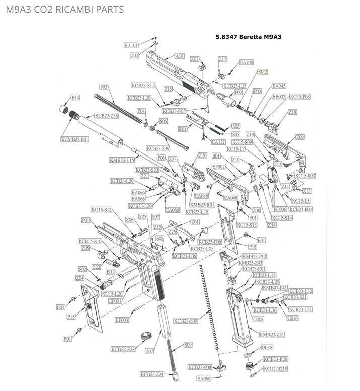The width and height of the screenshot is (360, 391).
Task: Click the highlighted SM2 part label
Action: [262, 72]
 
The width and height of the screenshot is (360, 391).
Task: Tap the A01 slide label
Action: [179, 56]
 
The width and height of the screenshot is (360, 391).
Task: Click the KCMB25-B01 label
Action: [75, 139]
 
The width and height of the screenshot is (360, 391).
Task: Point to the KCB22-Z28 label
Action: [123, 349]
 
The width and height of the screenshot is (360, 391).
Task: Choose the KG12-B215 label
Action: [276, 369]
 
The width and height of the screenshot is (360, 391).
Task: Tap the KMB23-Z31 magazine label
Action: [272, 334]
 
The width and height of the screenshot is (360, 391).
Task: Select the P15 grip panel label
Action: [71, 317]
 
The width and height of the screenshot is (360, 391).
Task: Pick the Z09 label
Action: [300, 137]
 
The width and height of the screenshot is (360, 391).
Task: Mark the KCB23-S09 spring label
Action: [186, 320]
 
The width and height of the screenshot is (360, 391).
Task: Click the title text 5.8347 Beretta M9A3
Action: [247, 37]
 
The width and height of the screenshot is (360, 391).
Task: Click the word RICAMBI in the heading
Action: [68, 10]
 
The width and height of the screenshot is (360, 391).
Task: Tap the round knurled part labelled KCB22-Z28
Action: [146, 336]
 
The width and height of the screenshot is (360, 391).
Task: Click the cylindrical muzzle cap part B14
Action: [64, 108]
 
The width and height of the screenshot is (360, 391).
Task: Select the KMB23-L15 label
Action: [121, 160]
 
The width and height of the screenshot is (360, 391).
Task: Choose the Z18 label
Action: [292, 112]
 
